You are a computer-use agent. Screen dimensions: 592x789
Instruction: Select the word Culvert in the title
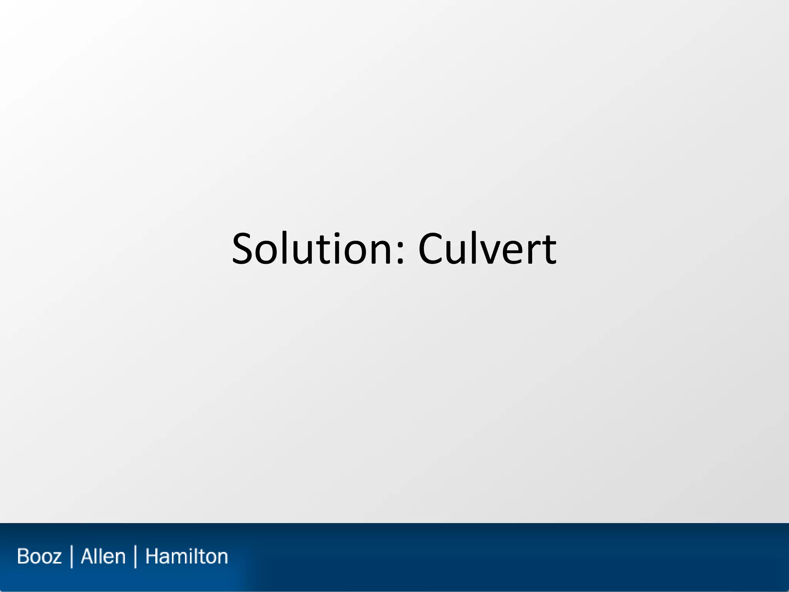click(487, 249)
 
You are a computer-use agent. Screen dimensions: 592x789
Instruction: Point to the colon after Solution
click(400, 254)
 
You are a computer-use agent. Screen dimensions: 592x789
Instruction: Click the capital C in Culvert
click(432, 249)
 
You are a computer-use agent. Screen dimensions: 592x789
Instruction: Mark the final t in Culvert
click(549, 251)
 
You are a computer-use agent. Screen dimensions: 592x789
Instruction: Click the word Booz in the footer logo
click(39, 557)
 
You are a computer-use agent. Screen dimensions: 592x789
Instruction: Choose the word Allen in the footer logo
click(103, 557)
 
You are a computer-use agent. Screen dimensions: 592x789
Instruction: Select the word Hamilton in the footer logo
click(186, 557)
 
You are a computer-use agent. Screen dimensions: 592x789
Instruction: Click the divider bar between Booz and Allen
click(72, 557)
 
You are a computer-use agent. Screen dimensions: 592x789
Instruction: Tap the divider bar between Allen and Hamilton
click(135, 557)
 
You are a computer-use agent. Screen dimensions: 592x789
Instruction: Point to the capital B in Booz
click(23, 557)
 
